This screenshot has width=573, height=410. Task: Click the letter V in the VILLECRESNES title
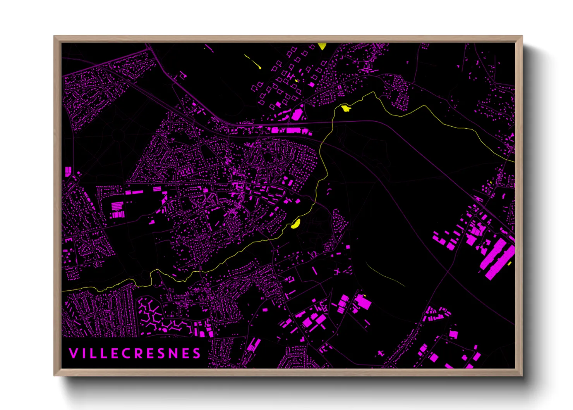click(73, 353)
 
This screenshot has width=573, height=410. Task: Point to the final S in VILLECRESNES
click(197, 353)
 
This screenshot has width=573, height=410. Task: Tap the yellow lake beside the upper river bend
click(345, 108)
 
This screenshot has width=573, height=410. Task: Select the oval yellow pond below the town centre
click(296, 224)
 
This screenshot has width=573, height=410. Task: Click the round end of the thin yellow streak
click(260, 68)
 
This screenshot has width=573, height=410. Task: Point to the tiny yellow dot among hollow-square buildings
click(296, 81)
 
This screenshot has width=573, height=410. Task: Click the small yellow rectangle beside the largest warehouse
click(510, 264)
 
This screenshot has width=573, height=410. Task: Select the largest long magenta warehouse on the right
click(498, 258)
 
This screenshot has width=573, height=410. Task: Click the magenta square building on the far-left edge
click(68, 171)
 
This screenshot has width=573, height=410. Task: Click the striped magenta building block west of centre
click(118, 210)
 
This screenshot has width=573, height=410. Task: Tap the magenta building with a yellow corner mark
click(363, 302)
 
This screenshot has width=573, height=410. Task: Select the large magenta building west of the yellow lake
click(297, 114)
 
